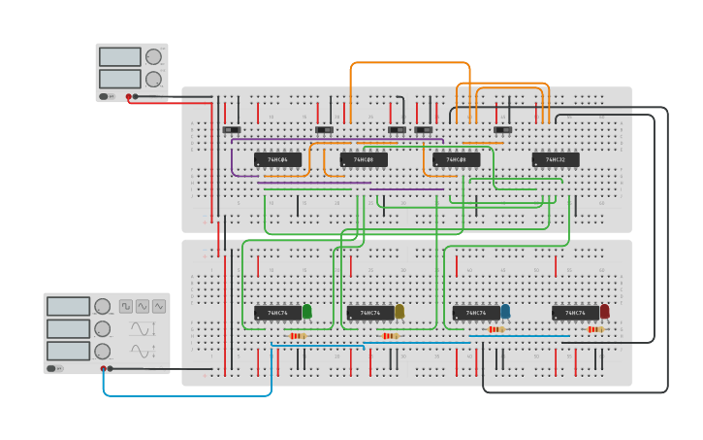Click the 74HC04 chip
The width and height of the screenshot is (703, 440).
(277, 159)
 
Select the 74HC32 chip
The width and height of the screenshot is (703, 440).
(555, 159)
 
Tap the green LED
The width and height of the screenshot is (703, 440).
(307, 311)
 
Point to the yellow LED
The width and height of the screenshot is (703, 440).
(399, 311)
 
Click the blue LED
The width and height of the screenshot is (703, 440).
(505, 311)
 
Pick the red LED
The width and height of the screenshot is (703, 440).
(605, 311)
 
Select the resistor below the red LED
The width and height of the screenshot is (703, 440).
(595, 329)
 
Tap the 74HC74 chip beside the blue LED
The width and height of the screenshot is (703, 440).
(476, 313)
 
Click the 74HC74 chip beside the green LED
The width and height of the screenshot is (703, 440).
(277, 313)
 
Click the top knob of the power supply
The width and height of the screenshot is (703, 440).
(153, 56)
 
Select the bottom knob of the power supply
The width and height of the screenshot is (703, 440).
(153, 79)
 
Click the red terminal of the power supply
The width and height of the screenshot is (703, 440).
(128, 96)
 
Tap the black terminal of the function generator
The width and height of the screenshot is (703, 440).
(111, 368)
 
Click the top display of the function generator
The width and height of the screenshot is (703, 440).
(68, 306)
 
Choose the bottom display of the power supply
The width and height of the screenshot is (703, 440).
(119, 79)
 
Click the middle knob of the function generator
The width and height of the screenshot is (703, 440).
(103, 328)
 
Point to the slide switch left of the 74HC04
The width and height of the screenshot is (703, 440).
(231, 129)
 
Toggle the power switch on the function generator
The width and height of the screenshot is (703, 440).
(53, 368)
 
